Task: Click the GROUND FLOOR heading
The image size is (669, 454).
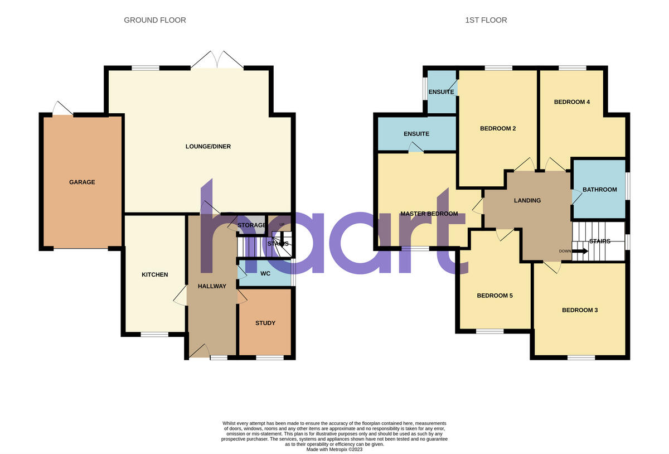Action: (x=155, y=20)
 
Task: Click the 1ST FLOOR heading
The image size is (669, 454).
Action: (x=486, y=20)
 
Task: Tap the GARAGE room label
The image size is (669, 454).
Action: (x=82, y=182)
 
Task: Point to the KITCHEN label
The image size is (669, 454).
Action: (x=154, y=274)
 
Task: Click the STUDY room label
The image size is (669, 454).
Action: (x=265, y=323)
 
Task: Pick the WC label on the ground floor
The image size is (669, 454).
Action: (x=265, y=273)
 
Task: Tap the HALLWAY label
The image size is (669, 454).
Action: (x=212, y=286)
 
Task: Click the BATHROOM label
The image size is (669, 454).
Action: (x=600, y=190)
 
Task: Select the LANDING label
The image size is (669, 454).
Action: (x=527, y=200)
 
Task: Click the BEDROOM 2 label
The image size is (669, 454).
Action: (x=498, y=128)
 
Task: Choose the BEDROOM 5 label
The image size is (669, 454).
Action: (x=495, y=296)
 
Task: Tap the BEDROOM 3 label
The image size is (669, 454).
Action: (x=580, y=310)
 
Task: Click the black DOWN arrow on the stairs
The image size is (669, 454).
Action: (x=580, y=251)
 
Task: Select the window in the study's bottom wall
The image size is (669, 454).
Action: (x=269, y=358)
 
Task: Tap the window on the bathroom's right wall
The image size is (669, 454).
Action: (x=628, y=186)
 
